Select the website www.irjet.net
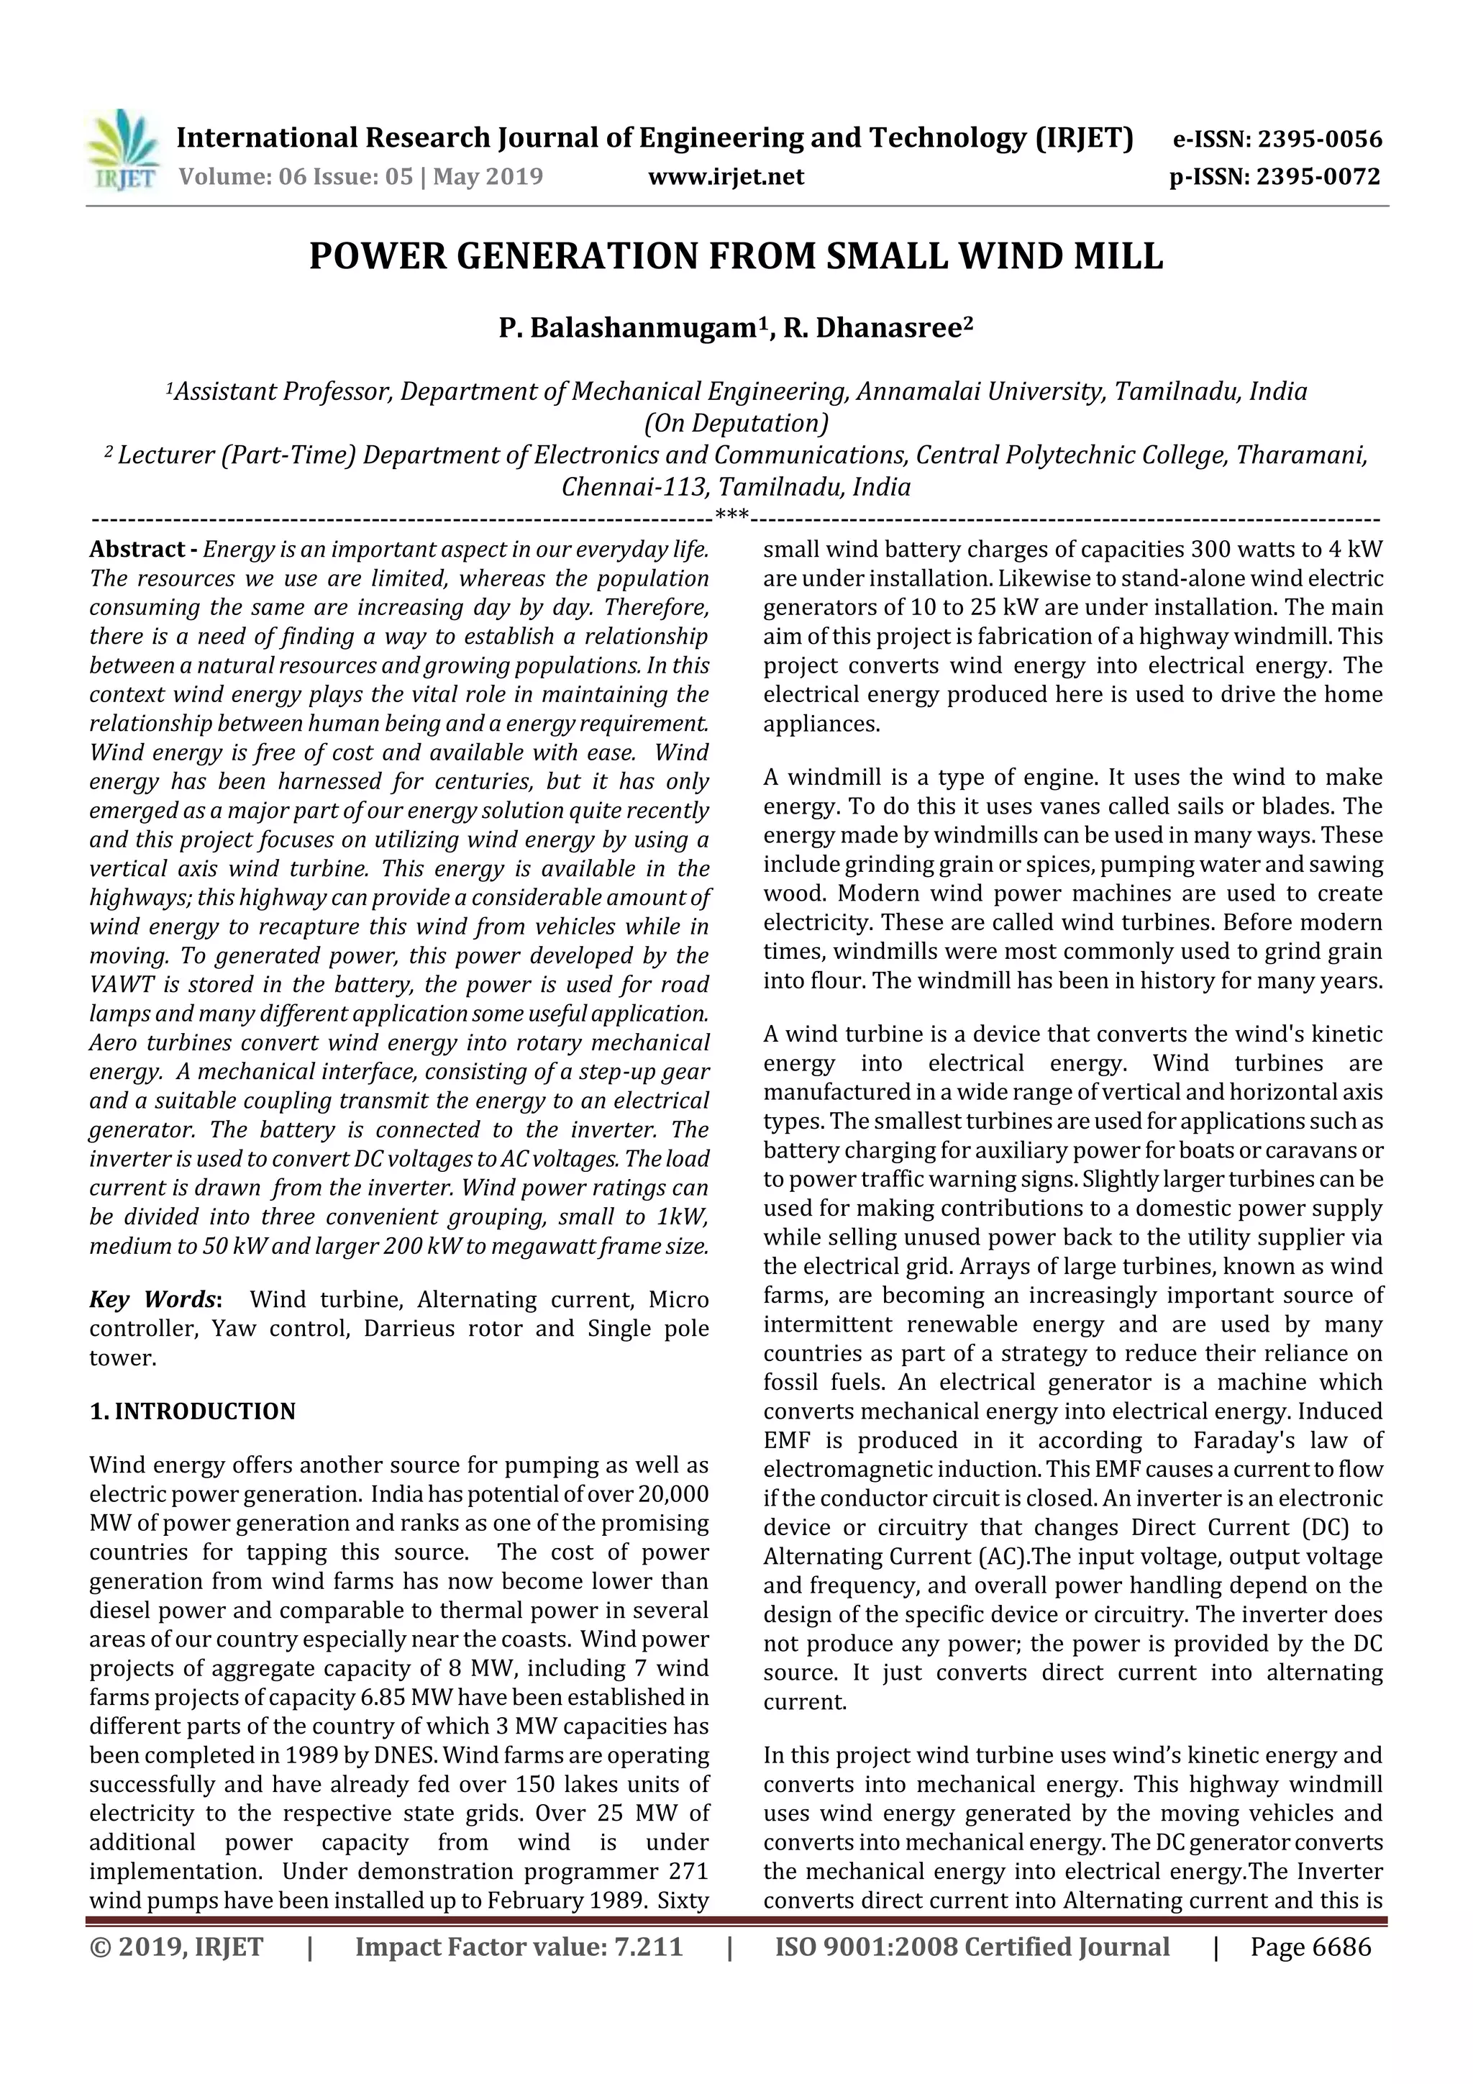click(x=726, y=176)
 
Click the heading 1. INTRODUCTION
click(x=193, y=1411)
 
